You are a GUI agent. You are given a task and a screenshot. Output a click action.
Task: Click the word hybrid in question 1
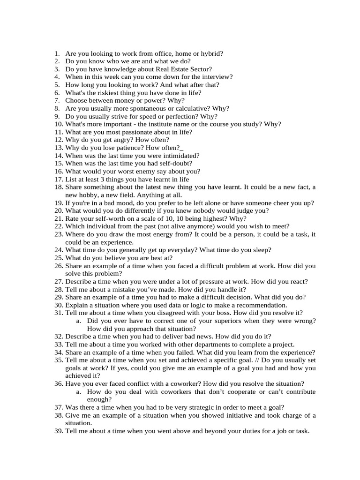[212, 53]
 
